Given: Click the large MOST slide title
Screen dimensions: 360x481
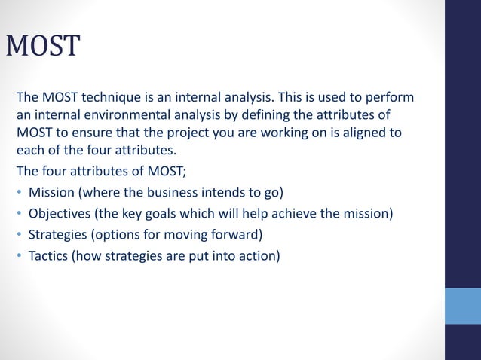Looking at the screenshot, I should click(42, 47).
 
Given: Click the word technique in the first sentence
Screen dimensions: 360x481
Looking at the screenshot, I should click(111, 99).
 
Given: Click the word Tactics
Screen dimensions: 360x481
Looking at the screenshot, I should click(50, 255).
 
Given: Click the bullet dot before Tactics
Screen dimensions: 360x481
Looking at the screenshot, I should click(19, 256).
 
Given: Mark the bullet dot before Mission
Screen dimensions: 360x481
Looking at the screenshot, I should click(19, 183).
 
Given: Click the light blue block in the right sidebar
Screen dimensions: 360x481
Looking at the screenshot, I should click(462, 306).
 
